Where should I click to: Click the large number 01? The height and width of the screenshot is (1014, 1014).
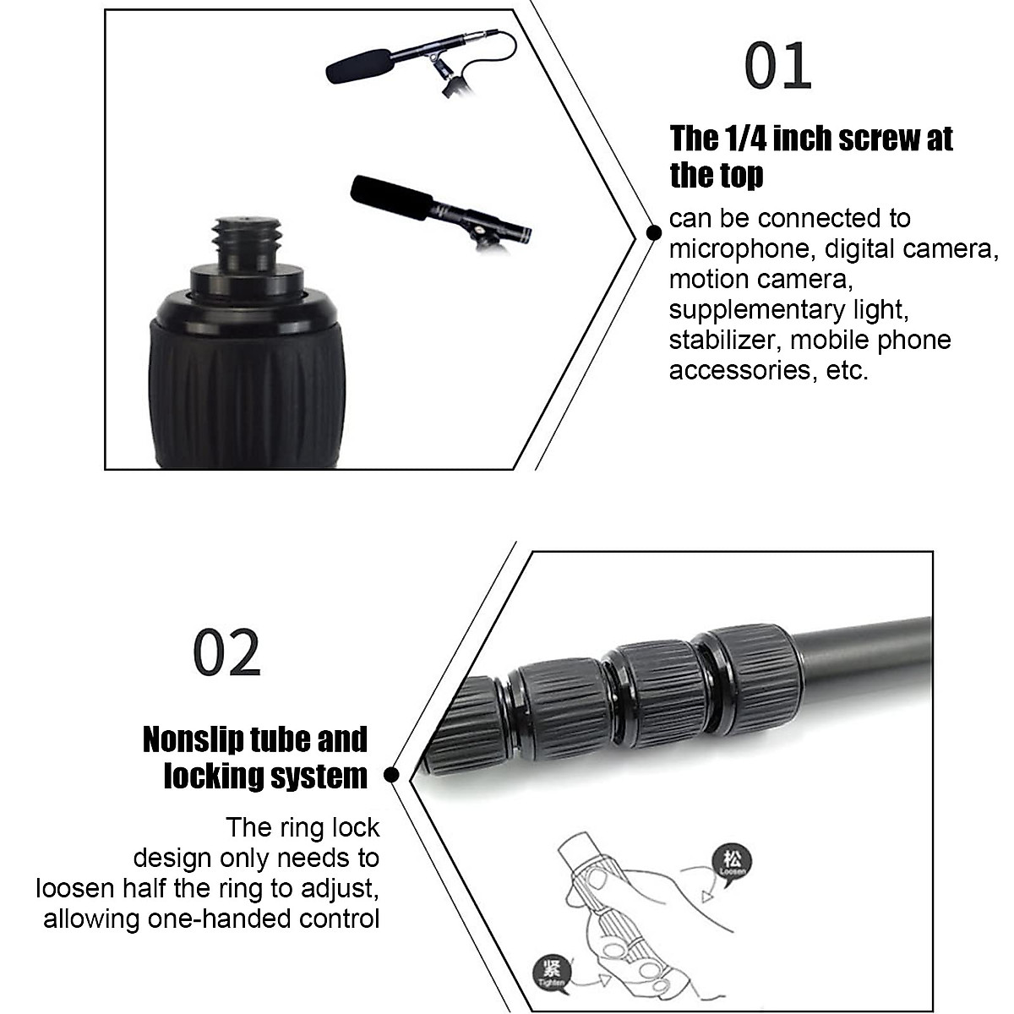pos(777,67)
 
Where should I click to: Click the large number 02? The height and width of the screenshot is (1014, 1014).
pos(226,652)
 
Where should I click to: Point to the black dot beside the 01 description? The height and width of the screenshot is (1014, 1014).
pos(653,232)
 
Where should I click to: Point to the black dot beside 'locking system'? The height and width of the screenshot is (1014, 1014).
pos(391,774)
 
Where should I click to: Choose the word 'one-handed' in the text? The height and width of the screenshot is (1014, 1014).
pos(225,919)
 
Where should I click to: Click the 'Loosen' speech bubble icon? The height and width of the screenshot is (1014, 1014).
pos(730,859)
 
